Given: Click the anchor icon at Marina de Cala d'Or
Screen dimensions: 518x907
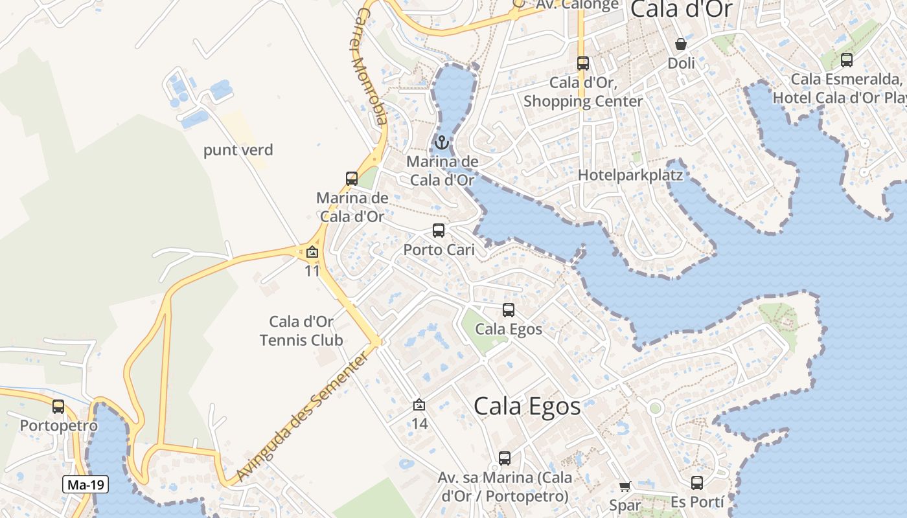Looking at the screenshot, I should (442, 142).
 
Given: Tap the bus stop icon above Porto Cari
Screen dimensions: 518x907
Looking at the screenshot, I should (439, 231).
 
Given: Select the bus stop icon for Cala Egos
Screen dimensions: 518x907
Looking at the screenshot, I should (509, 310).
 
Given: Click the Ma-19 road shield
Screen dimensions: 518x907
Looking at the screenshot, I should (86, 484).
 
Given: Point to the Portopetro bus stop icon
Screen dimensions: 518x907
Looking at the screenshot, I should (58, 407).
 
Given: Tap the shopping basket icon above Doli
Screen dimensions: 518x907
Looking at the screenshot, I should (681, 44).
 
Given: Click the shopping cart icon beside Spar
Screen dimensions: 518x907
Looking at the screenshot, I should (625, 486).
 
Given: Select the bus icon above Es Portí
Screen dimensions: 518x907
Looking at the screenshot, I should (697, 483).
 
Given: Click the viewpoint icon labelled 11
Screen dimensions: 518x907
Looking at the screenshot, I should (312, 252).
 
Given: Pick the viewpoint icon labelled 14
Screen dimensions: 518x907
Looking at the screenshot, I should (419, 405).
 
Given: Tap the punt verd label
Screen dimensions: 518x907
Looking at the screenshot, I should (238, 150).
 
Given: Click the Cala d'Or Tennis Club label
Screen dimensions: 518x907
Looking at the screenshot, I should (301, 331).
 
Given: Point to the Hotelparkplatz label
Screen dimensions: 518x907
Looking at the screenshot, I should (630, 175).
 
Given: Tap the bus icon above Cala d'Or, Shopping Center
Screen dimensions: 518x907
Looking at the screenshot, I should (583, 63).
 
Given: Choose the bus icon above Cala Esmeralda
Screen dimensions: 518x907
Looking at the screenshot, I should (846, 60).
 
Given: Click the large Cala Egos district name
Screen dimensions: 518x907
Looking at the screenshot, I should (527, 407).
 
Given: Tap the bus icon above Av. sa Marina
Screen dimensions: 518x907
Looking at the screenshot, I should (505, 458).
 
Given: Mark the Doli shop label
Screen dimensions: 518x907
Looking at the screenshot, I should (681, 63).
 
